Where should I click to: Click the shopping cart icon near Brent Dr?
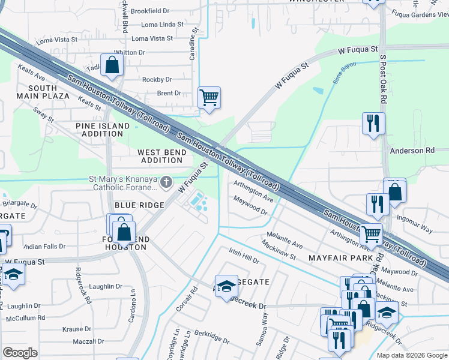(x=209, y=97)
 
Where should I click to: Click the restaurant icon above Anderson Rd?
(x=373, y=124)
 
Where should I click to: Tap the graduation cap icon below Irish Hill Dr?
(x=227, y=286)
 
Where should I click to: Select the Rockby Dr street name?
(x=157, y=79)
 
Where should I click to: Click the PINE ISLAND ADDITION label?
(x=103, y=130)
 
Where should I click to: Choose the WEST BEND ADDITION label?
(x=163, y=157)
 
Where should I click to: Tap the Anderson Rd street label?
(x=411, y=151)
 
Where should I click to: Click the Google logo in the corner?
(x=20, y=353)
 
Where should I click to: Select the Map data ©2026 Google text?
(x=411, y=355)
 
